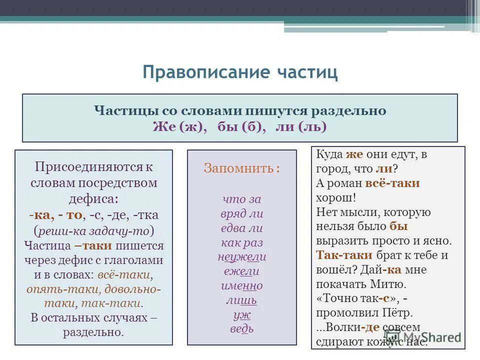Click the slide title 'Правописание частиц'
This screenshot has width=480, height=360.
tap(240, 72)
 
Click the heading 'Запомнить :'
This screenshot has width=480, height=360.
tap(241, 168)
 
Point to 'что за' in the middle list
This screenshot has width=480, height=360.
tap(241, 199)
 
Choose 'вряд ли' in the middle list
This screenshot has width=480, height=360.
tap(241, 214)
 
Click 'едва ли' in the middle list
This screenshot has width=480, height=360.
tap(241, 228)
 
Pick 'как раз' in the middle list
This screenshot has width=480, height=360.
tap(241, 243)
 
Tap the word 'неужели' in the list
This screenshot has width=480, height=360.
tap(241, 257)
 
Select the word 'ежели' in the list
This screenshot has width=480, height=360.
tap(241, 271)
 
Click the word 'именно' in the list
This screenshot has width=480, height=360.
tap(241, 286)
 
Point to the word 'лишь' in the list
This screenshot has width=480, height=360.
tap(241, 300)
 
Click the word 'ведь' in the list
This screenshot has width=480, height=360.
tap(241, 329)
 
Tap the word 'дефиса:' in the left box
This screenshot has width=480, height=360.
tap(93, 199)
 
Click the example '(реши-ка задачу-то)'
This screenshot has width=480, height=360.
tap(93, 231)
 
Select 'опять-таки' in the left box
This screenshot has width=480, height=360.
tap(53, 289)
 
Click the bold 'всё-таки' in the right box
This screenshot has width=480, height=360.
tap(392, 183)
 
